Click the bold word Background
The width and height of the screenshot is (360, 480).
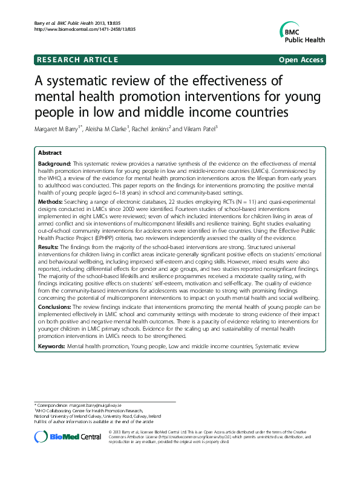pos(54,164)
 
